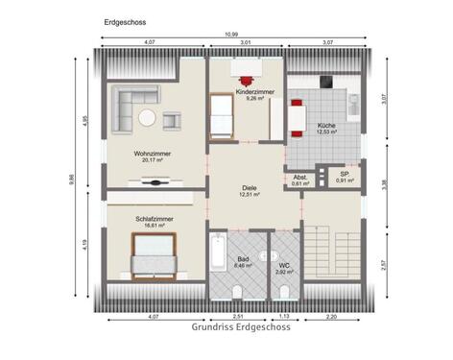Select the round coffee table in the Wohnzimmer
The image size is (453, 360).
coord(147,118)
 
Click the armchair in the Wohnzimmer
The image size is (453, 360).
coord(172,119)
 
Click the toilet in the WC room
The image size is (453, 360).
coord(284,290)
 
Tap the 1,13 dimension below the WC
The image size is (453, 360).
coord(285,315)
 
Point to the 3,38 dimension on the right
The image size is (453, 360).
coord(384,183)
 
